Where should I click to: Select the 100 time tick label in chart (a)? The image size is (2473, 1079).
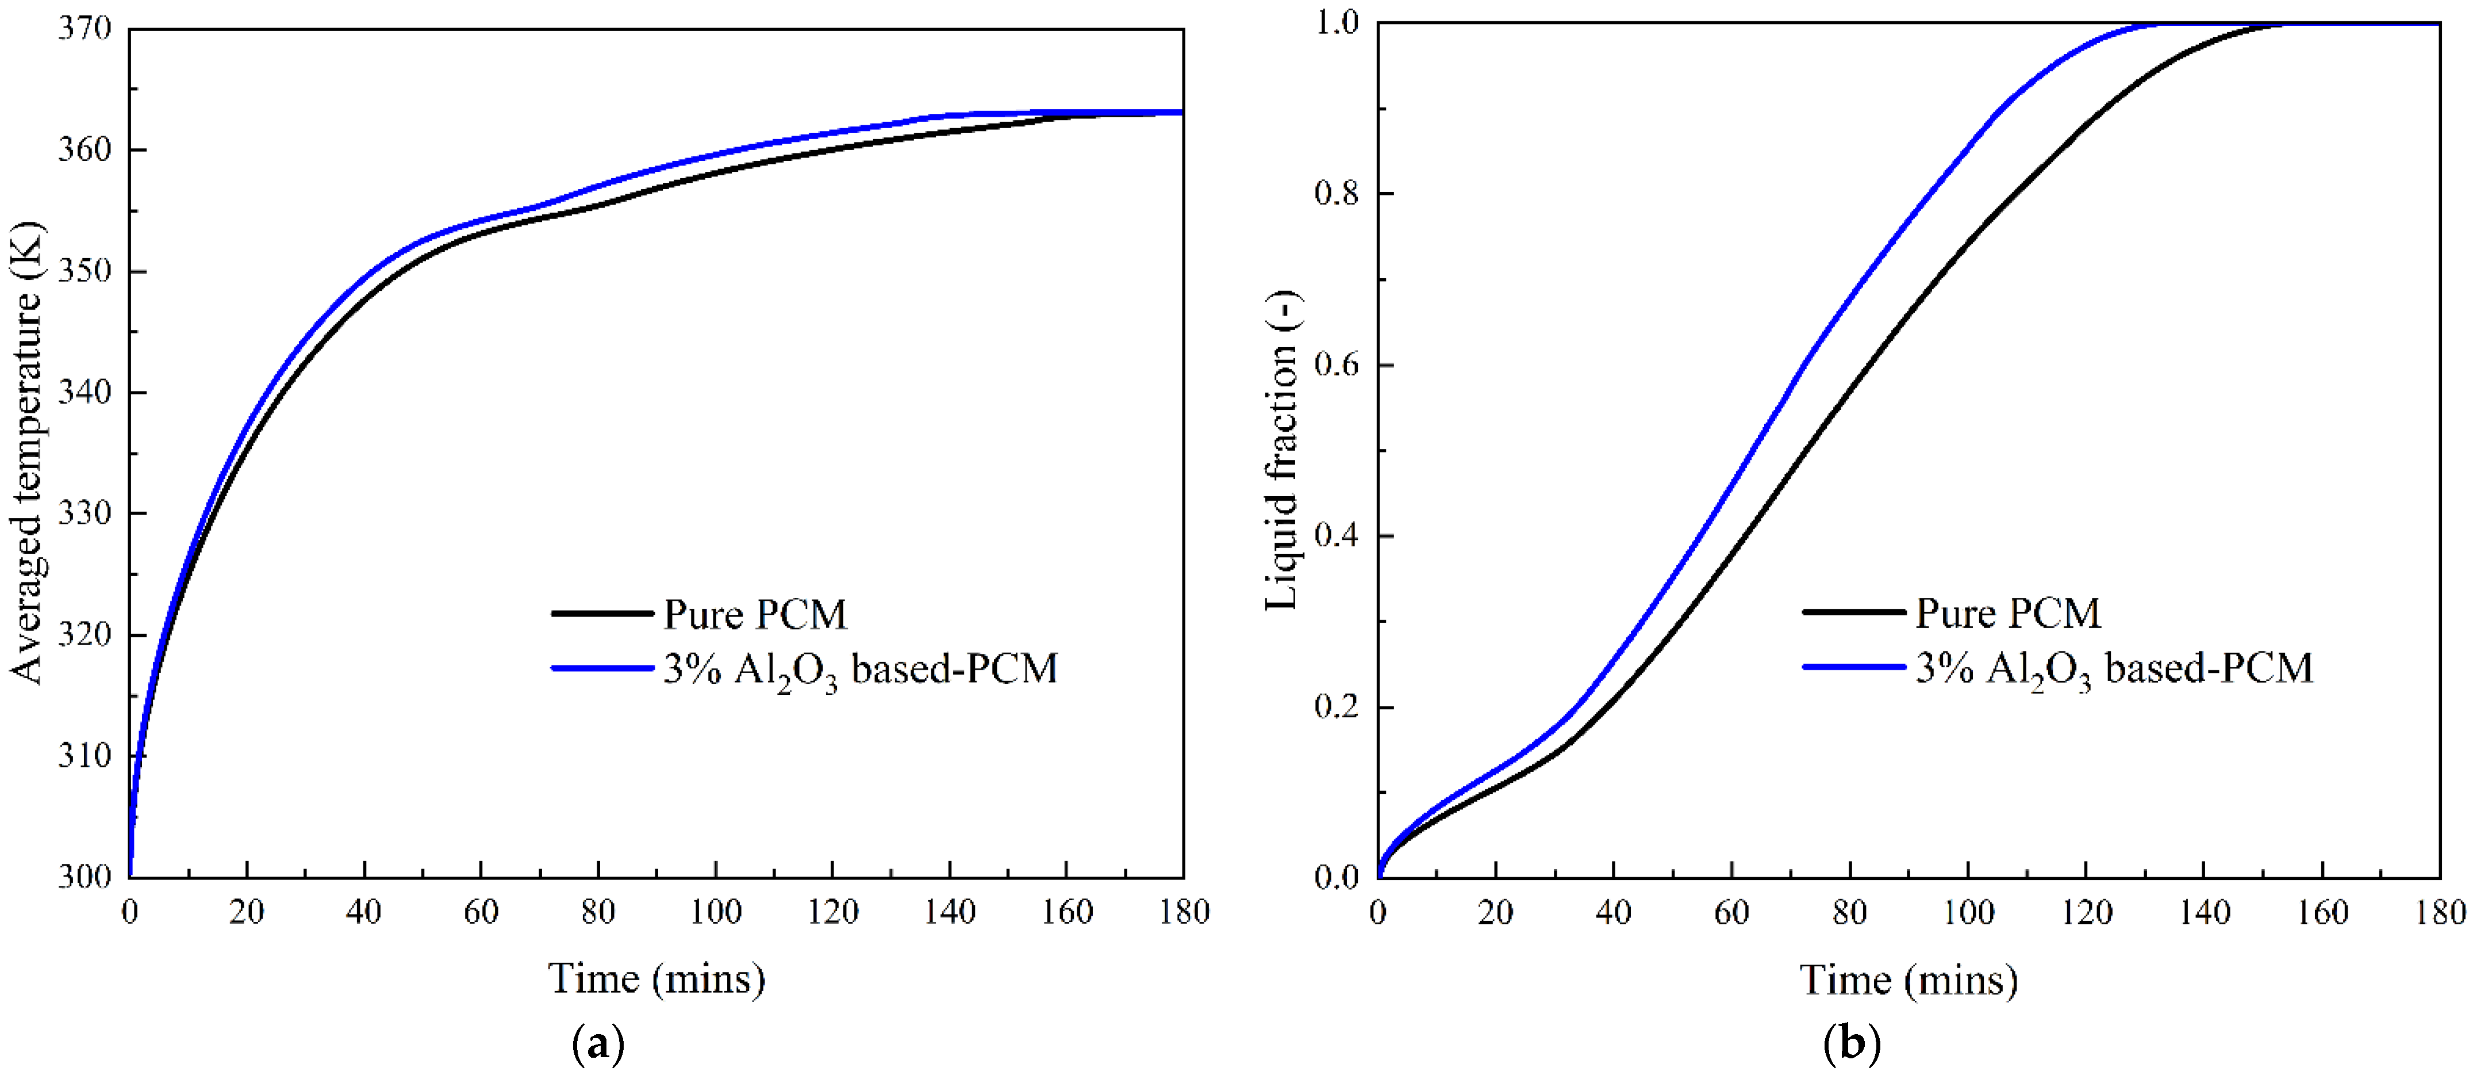tap(715, 912)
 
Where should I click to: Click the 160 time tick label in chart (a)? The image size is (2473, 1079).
tap(1066, 912)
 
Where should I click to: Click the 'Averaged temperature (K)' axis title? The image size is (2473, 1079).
tap(27, 451)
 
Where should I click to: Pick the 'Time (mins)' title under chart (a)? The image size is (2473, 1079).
tap(656, 979)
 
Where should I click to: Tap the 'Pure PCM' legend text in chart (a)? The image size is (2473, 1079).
tap(755, 615)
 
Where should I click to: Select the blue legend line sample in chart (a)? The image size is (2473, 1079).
tap(602, 668)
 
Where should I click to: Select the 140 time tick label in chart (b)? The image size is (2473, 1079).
tap(2204, 912)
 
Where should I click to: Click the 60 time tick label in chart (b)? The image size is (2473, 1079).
tap(1731, 912)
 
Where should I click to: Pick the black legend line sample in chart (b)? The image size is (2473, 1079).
tap(1854, 612)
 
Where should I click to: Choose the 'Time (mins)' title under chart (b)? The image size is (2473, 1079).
tap(1908, 979)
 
